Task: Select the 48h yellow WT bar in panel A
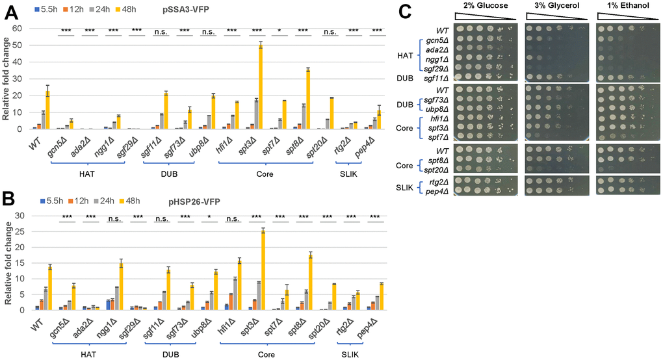coord(47,110)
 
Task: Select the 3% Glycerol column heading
coord(552,6)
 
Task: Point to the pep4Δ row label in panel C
coord(437,190)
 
